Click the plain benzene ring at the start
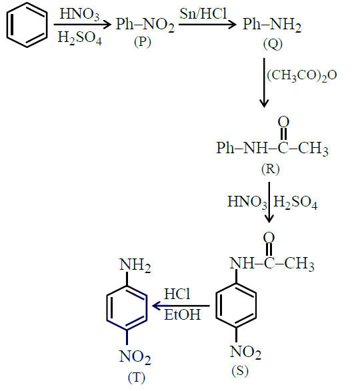click(7, 25)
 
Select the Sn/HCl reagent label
click(203, 13)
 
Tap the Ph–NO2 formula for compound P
click(145, 25)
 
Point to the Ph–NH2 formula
click(272, 25)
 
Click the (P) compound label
click(143, 42)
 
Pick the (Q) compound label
click(273, 45)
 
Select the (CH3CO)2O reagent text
click(302, 75)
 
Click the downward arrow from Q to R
click(264, 83)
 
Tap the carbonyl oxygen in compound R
click(283, 122)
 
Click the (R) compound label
click(271, 169)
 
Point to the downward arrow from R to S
click(269, 202)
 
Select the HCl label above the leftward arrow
click(177, 294)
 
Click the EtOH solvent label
click(183, 314)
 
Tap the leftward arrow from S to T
click(181, 306)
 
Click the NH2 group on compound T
click(135, 265)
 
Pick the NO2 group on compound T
click(135, 356)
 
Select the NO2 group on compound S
click(245, 352)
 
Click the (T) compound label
click(137, 378)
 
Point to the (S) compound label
click(240, 371)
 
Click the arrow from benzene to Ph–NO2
click(83, 25)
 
